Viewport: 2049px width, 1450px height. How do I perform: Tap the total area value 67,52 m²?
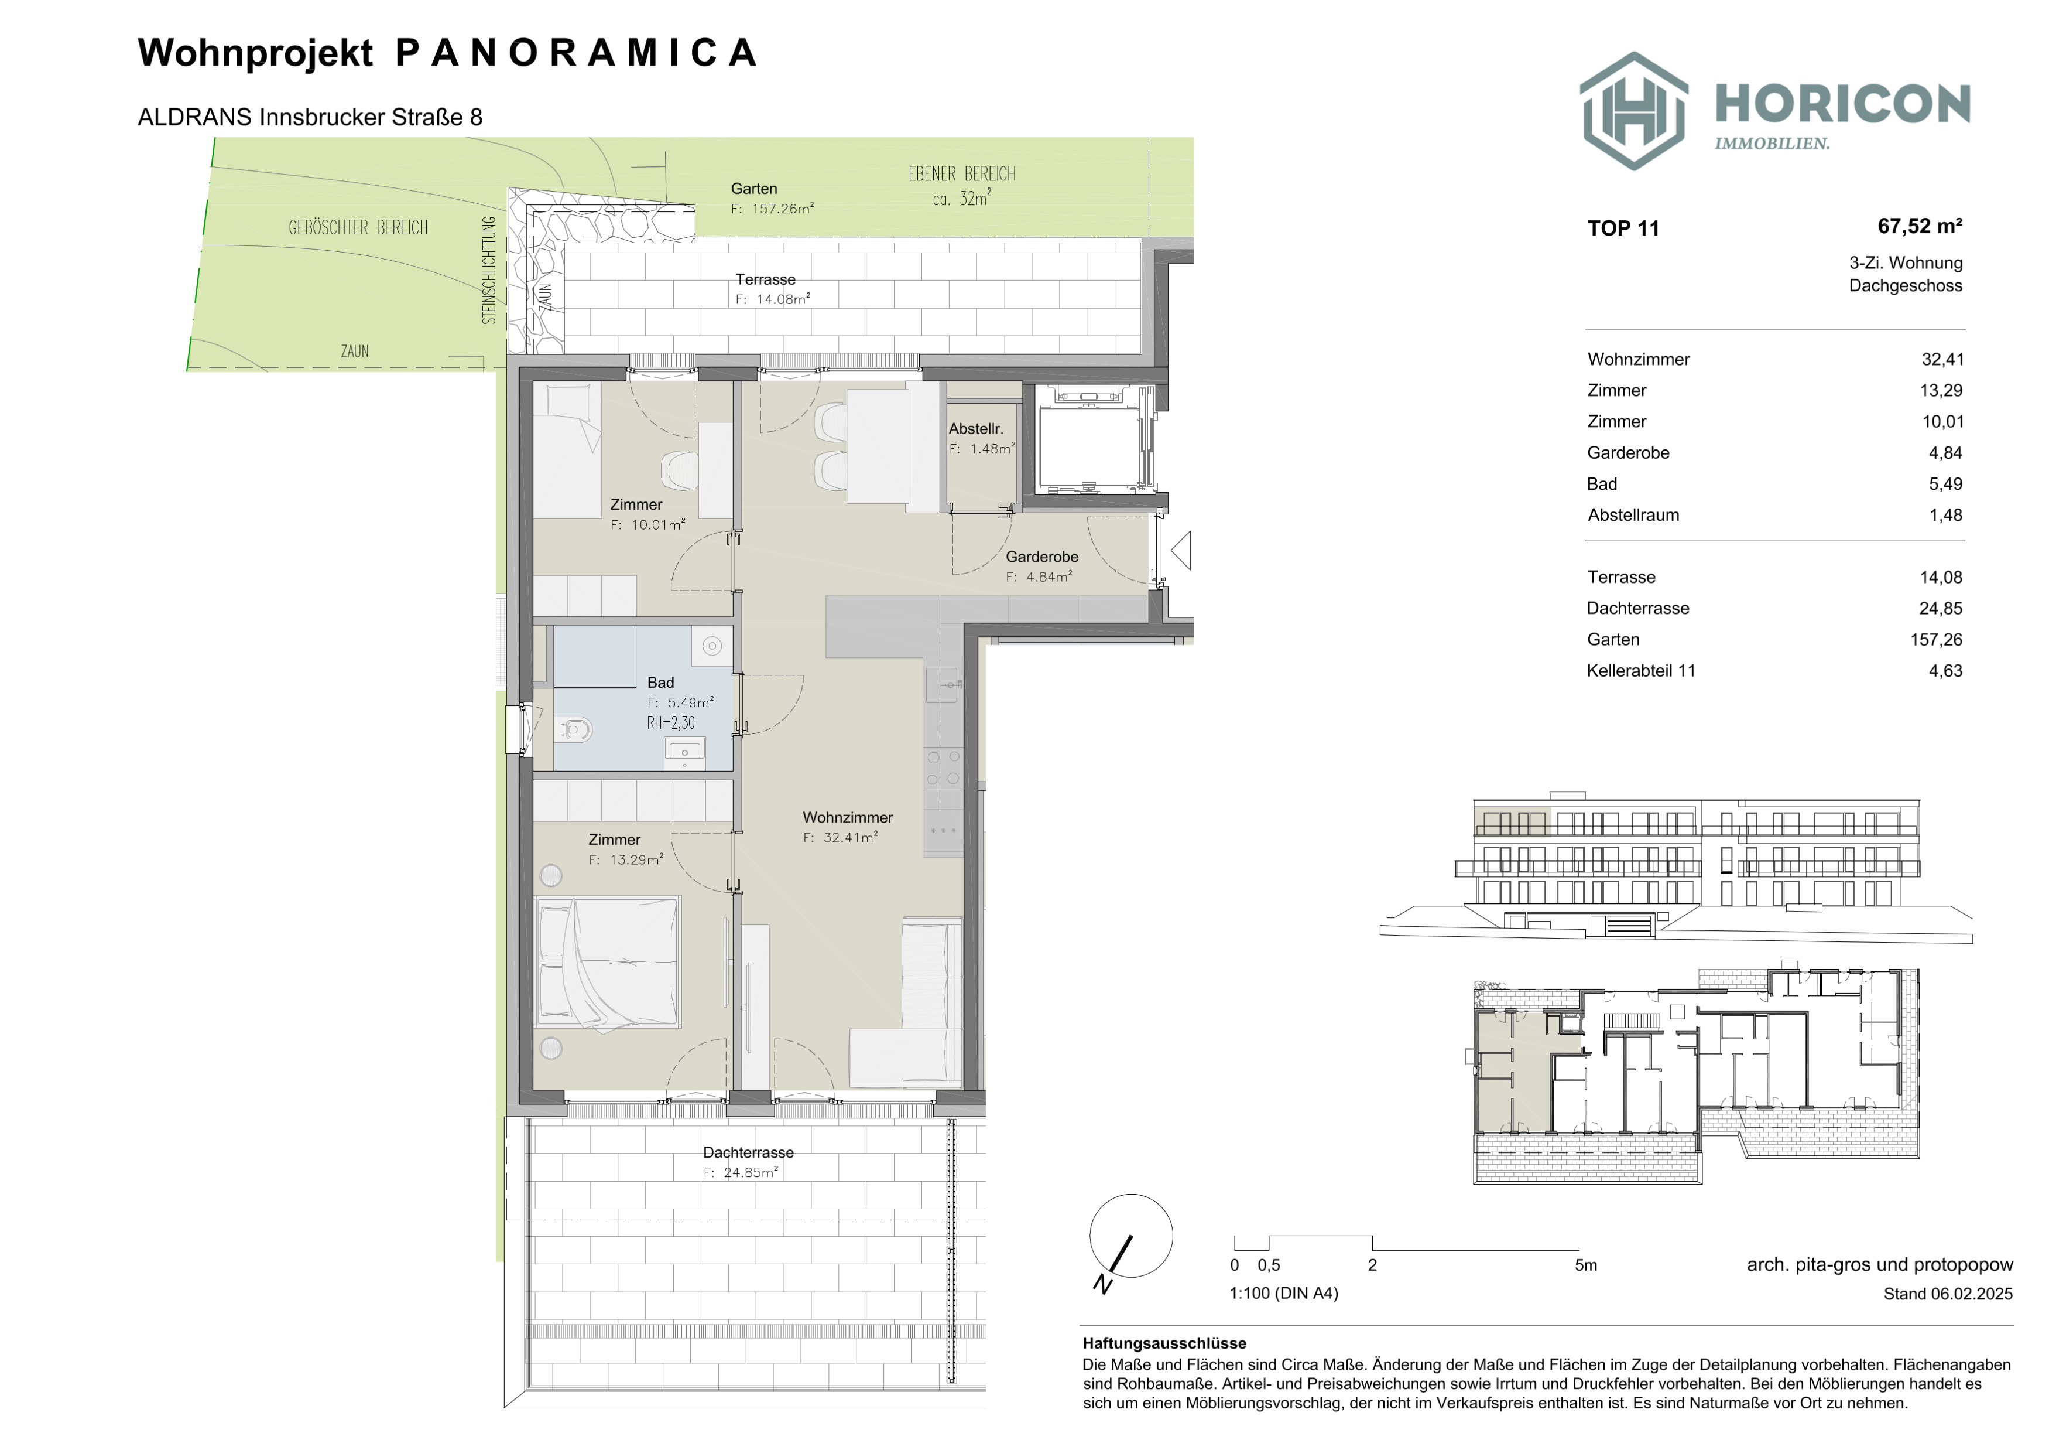pos(1920,226)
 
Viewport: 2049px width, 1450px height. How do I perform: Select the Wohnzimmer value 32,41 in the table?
pos(1943,360)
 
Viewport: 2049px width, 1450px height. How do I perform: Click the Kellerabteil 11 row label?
pos(1641,671)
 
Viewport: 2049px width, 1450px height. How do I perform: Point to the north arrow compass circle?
pos(1130,1236)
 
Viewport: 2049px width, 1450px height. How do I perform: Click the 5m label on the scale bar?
pos(1586,1265)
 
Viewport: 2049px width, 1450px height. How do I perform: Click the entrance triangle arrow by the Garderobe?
pos(1181,550)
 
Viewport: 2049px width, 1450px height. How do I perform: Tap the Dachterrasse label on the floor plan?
pos(748,1153)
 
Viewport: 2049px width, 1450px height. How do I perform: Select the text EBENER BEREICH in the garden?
pos(962,174)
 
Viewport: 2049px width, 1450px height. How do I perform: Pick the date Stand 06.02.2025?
pos(1948,1294)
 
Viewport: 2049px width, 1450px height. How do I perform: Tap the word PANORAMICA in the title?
pos(577,53)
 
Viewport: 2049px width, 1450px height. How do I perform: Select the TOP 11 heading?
pos(1623,228)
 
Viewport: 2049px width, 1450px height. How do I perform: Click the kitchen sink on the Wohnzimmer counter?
pos(943,685)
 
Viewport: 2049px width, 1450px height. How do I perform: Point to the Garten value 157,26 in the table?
pos(1937,639)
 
